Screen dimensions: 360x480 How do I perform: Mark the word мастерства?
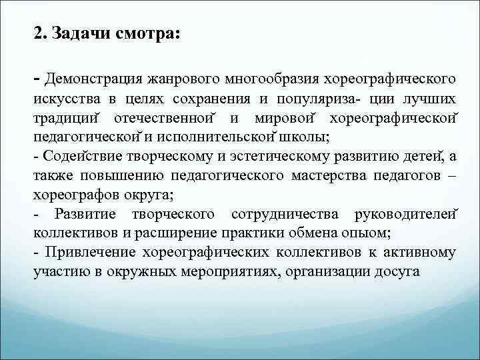(x=331, y=176)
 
